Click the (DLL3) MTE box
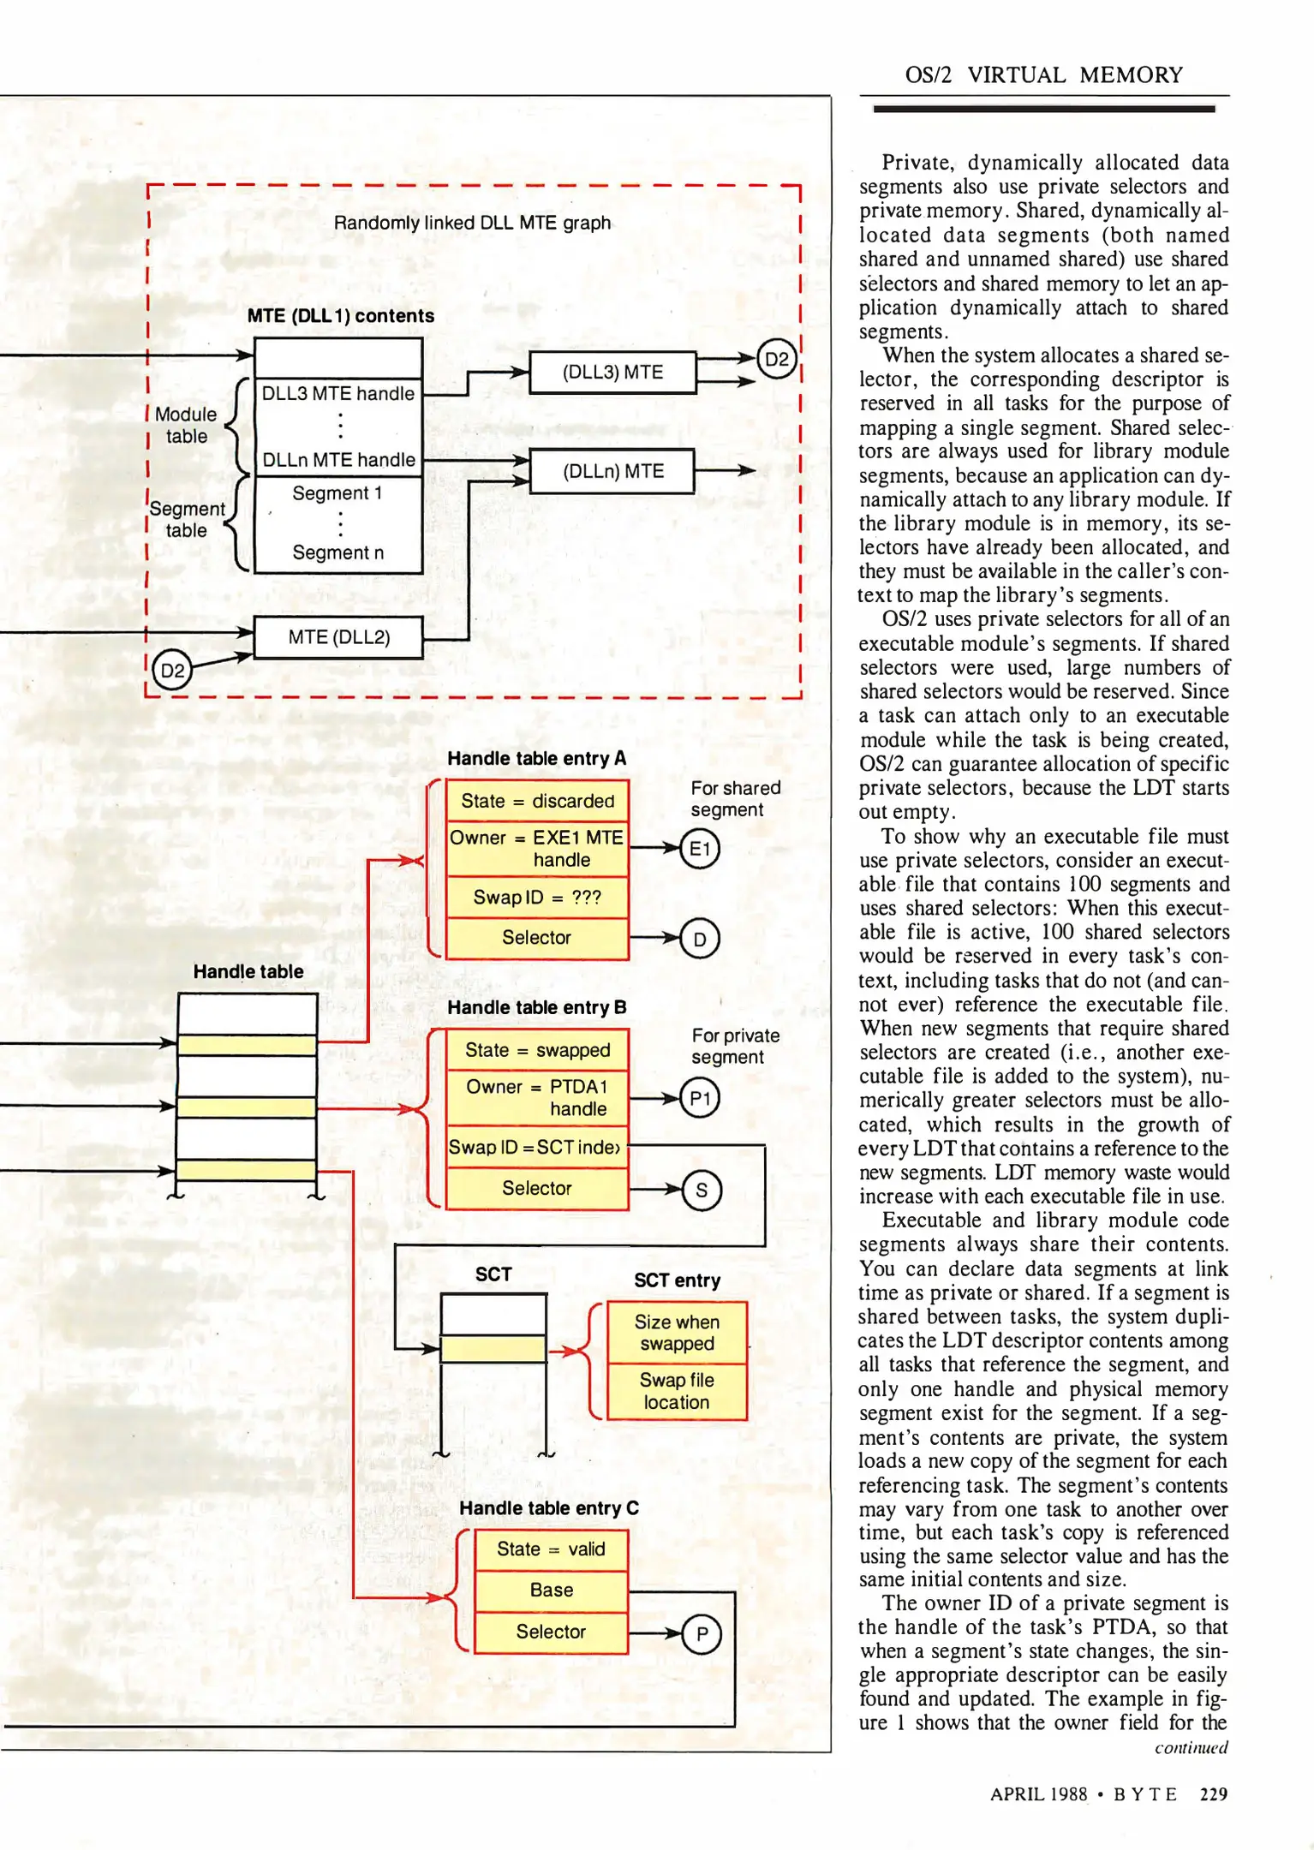click(x=612, y=373)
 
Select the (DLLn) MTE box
click(x=612, y=471)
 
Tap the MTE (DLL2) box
click(x=339, y=637)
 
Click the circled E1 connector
click(x=700, y=849)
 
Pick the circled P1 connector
click(x=700, y=1099)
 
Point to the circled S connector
click(x=702, y=1191)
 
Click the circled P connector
click(x=702, y=1635)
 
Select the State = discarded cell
click(x=537, y=801)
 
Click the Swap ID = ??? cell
click(x=537, y=897)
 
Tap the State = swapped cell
click(x=537, y=1050)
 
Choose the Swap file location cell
click(x=677, y=1391)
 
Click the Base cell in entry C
click(x=551, y=1590)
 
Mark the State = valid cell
click(x=551, y=1549)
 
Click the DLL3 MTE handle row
click(x=338, y=393)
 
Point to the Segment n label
click(x=338, y=552)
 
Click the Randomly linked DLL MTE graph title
click(x=472, y=223)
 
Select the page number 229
click(x=1213, y=1793)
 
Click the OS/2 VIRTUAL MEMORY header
click(x=1043, y=75)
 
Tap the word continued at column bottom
click(x=1191, y=1747)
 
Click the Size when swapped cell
click(x=677, y=1333)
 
